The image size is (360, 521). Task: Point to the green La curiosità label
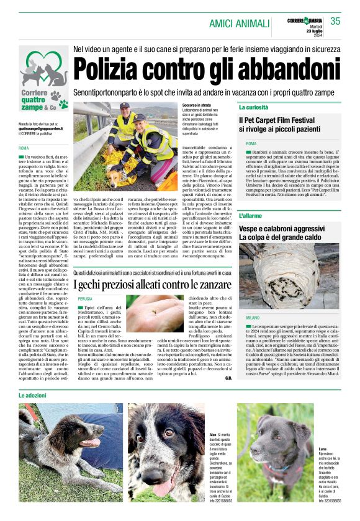click(253, 107)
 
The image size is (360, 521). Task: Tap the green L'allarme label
click(250, 216)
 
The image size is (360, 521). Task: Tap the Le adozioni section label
click(32, 395)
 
